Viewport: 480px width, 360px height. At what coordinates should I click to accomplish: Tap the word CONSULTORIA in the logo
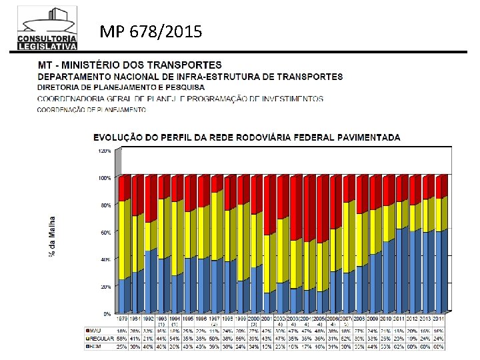(x=47, y=39)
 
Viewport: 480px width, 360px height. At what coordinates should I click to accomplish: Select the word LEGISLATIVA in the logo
(x=47, y=46)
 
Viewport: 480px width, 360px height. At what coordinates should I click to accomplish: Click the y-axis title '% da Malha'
(x=51, y=237)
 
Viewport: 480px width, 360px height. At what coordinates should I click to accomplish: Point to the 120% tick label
(x=105, y=151)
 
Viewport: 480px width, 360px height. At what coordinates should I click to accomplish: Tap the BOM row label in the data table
(x=95, y=347)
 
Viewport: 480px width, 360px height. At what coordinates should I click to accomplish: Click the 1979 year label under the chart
(x=123, y=321)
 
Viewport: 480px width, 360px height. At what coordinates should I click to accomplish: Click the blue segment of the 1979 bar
(x=123, y=296)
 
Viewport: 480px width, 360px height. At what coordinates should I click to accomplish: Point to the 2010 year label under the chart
(x=385, y=321)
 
